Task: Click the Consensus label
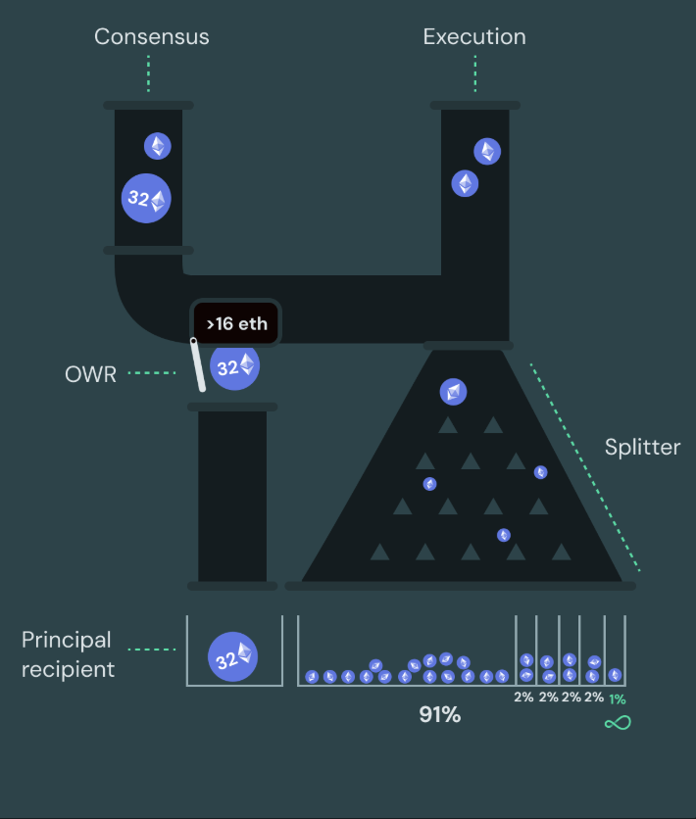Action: point(152,36)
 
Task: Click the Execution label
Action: point(474,36)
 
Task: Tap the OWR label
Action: point(90,374)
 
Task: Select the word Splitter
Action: point(642,447)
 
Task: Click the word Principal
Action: point(67,641)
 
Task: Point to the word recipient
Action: point(68,669)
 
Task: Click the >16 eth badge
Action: point(236,324)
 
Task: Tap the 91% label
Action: point(440,714)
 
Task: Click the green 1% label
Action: point(618,699)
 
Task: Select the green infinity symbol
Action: point(618,723)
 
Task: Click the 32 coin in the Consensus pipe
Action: point(146,199)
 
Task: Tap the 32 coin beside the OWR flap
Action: point(234,365)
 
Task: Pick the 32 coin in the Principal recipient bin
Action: point(232,656)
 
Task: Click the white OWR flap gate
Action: point(198,364)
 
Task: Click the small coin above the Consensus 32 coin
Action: point(158,146)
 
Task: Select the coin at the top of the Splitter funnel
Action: point(453,392)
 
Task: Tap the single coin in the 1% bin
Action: point(615,675)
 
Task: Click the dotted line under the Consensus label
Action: point(148,73)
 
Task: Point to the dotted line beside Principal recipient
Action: point(152,650)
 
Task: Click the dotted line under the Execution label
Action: point(475,73)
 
